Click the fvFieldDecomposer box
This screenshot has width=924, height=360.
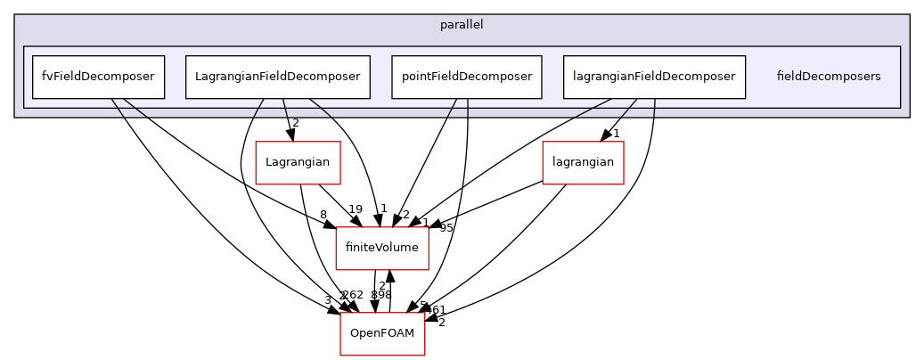(98, 77)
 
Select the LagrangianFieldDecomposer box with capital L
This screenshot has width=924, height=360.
(277, 77)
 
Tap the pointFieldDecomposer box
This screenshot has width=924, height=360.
(467, 77)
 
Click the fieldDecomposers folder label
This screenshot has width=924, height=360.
(828, 77)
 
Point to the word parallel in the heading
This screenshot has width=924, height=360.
(462, 25)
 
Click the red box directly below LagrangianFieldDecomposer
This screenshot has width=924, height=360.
(298, 163)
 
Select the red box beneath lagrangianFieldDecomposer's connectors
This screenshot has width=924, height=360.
(583, 163)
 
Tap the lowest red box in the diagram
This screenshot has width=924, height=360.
(382, 334)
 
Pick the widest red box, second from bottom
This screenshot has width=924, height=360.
(381, 249)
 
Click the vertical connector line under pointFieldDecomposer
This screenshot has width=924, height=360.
(468, 108)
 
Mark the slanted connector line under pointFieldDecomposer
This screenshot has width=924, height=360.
(452, 108)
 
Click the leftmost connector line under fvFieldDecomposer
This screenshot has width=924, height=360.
(118, 108)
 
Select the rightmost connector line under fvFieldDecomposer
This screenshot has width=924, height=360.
(135, 108)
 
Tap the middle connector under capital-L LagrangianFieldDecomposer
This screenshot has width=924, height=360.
(285, 108)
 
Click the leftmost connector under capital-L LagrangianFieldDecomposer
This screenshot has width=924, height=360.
(258, 108)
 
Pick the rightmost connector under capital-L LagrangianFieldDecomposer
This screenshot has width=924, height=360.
(321, 108)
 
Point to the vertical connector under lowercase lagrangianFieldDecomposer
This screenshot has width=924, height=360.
(655, 108)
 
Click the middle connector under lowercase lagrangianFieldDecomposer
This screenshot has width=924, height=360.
(629, 108)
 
